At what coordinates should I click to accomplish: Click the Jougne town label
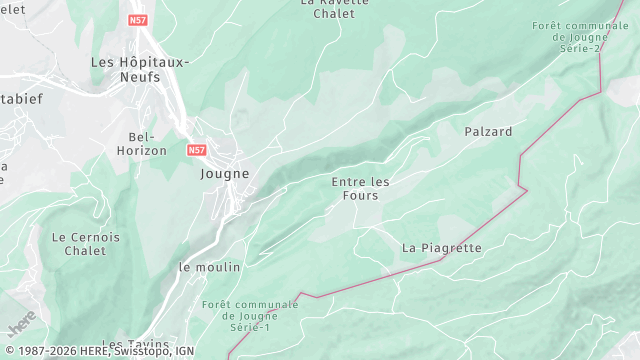point(224,173)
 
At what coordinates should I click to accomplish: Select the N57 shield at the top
point(137,19)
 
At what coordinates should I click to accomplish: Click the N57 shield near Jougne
point(197,149)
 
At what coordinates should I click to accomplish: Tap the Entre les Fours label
point(360,188)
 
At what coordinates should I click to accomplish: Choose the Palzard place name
point(488,131)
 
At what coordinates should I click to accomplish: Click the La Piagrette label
point(442,247)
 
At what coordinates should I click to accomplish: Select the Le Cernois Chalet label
point(86,244)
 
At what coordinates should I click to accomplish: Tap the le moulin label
point(210,267)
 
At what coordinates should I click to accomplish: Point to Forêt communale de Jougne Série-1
point(250,316)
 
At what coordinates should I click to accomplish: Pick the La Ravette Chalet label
point(334,8)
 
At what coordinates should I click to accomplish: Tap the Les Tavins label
point(135,345)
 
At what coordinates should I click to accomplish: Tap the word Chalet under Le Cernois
point(86,251)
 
